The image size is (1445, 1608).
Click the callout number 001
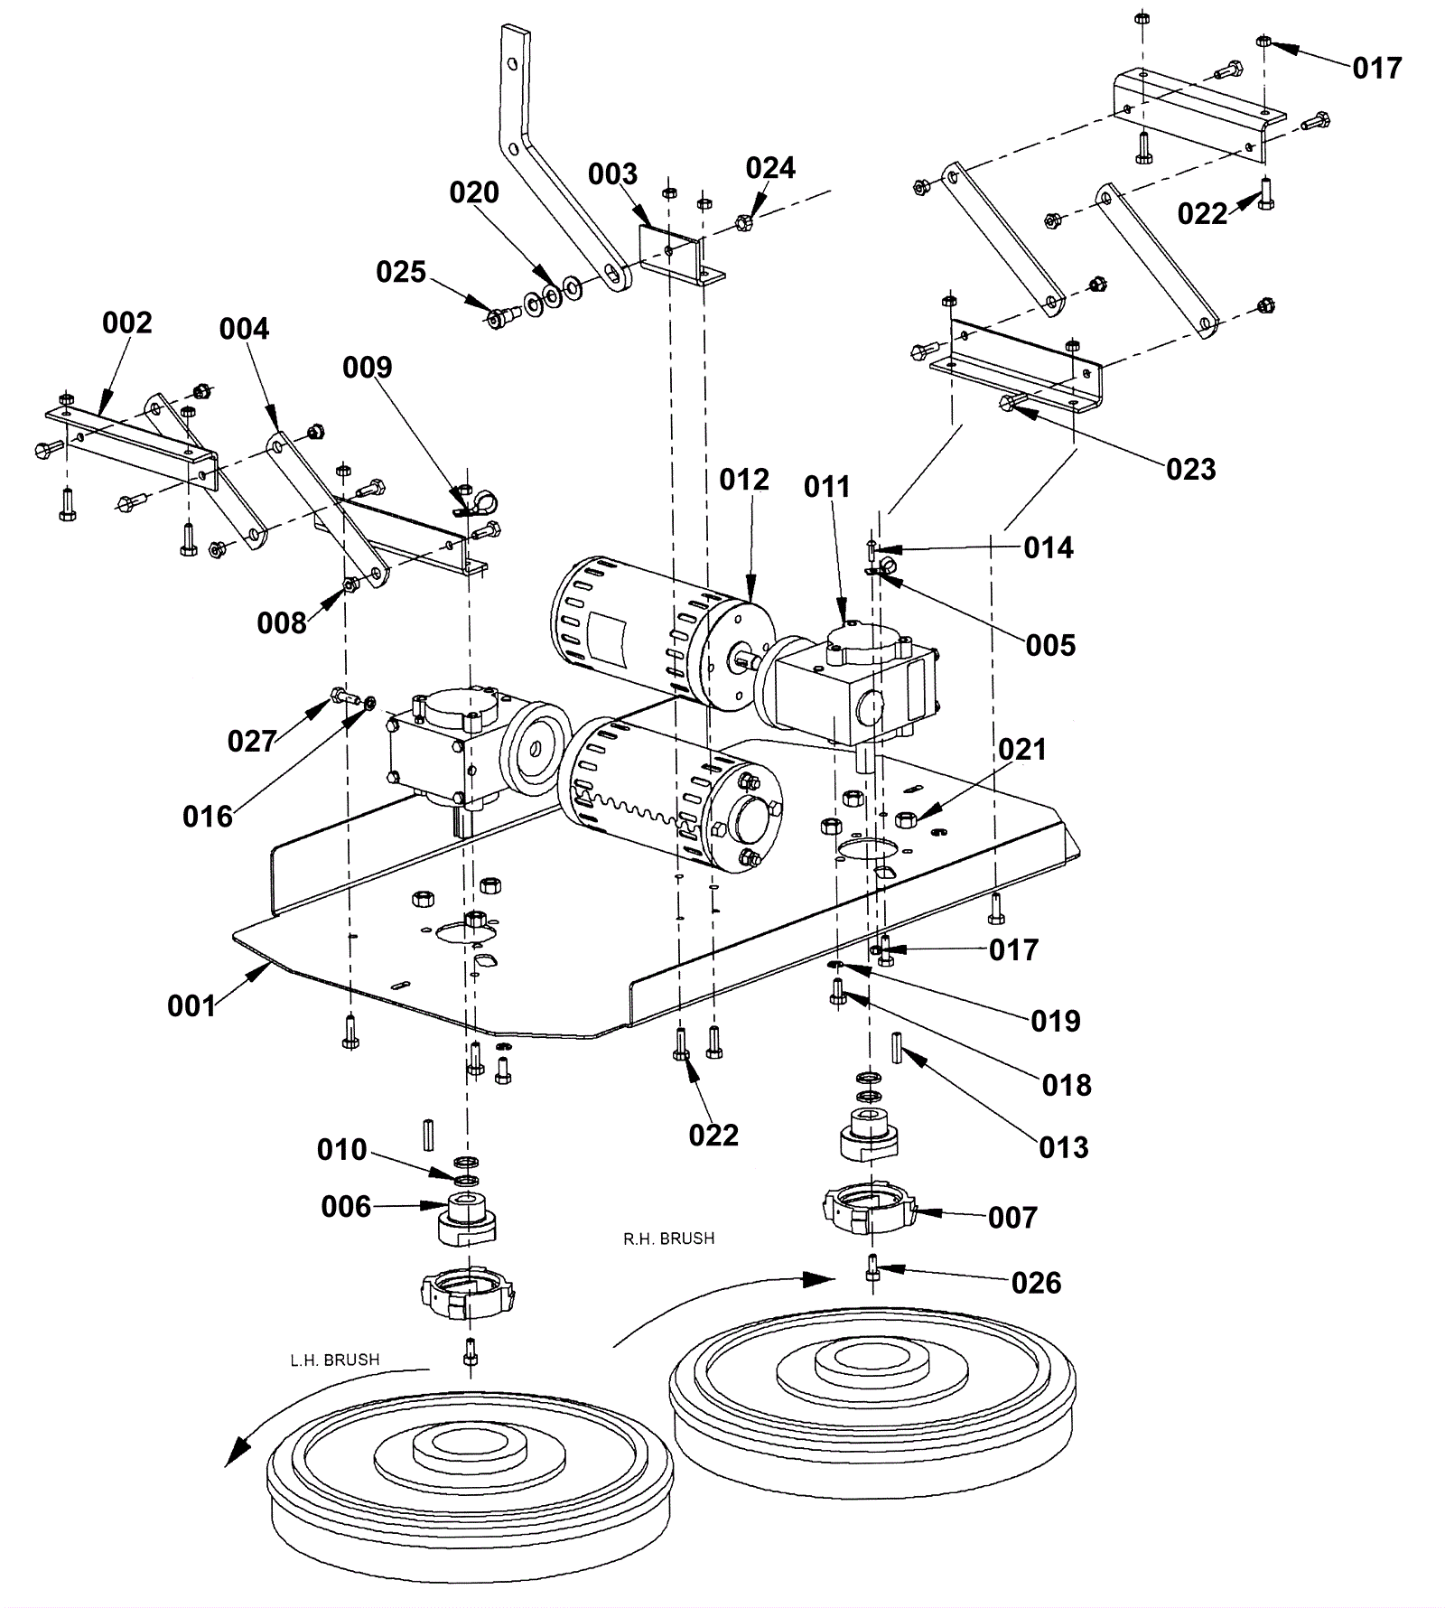(x=191, y=1005)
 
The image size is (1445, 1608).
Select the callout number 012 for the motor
(x=744, y=480)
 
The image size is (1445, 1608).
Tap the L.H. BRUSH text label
(x=334, y=1360)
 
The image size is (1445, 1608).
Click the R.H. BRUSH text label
(x=668, y=1239)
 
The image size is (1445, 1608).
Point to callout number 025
(x=401, y=272)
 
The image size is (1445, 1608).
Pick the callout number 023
(x=1190, y=469)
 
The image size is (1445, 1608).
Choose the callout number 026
(x=1036, y=1283)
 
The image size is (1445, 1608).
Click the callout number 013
(x=1064, y=1147)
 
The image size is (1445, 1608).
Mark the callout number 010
(x=341, y=1150)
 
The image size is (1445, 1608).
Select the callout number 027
(x=251, y=741)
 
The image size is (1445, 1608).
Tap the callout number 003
(x=612, y=174)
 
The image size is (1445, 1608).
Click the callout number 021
(x=1022, y=749)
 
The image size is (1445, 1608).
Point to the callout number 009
(x=367, y=368)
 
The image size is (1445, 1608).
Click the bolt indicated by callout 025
(x=498, y=318)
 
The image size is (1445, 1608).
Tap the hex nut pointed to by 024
(x=744, y=221)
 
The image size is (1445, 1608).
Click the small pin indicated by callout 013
(x=898, y=1048)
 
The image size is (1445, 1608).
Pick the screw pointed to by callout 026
(x=873, y=1267)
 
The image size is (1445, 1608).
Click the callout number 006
(x=346, y=1207)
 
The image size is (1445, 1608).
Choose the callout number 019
(x=1055, y=1021)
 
